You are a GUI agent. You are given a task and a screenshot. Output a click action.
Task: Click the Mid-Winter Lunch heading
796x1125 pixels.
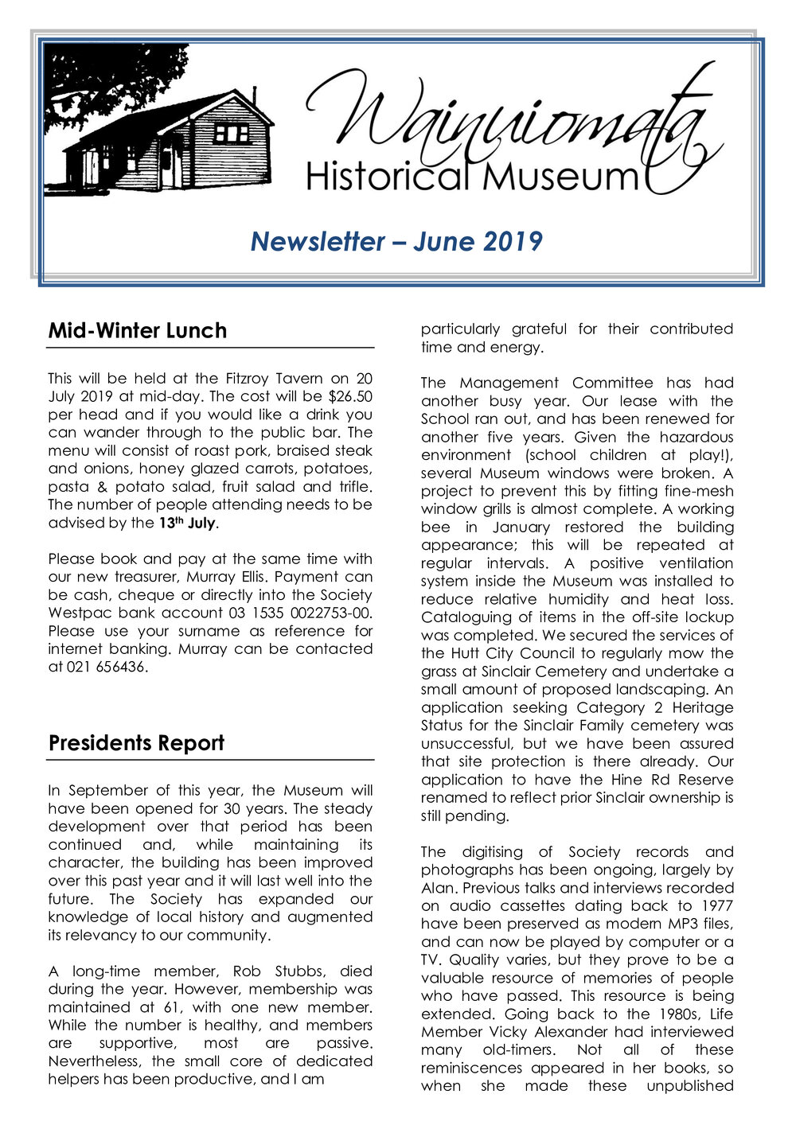137,331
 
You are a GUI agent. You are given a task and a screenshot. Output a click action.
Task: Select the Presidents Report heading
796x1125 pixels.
136,743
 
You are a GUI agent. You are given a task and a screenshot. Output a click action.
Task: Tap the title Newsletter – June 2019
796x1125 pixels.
396,241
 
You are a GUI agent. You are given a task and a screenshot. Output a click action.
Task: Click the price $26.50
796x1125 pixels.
350,396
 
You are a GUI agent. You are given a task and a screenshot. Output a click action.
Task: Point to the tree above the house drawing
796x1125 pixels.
96,80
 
